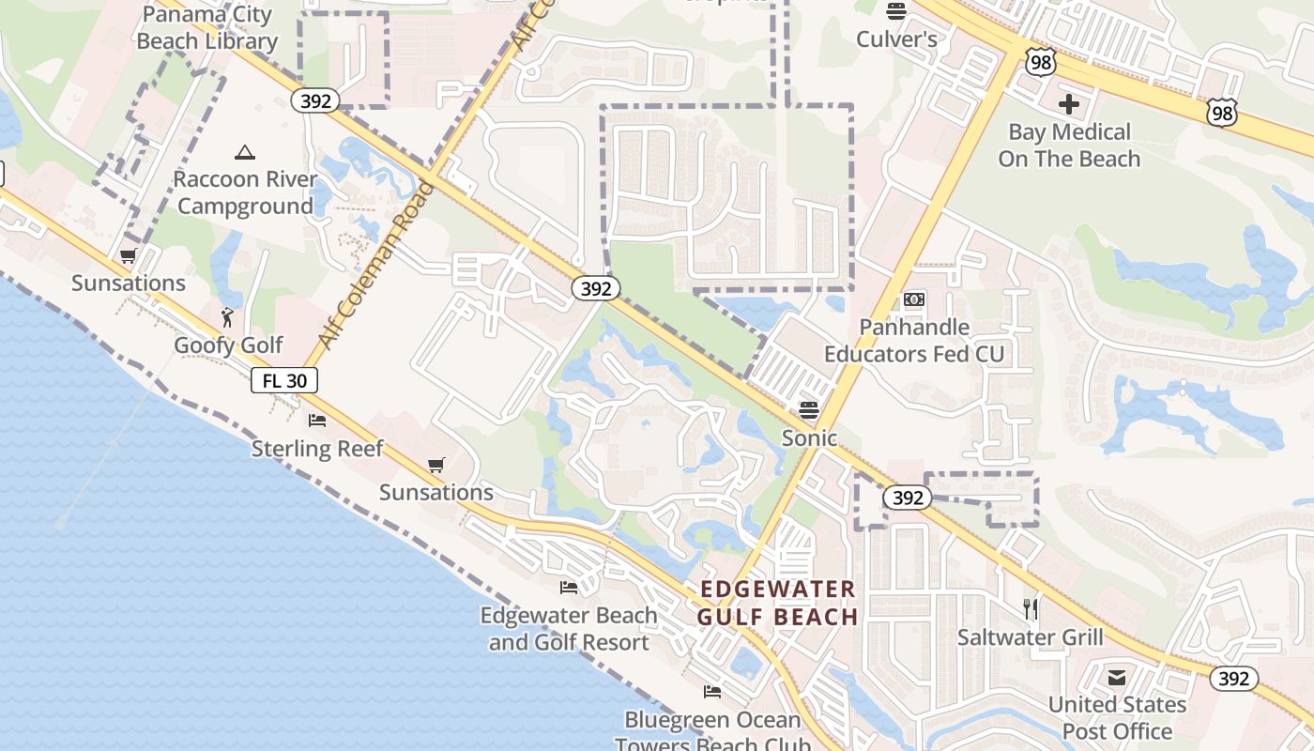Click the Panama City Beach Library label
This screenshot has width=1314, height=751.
point(206,28)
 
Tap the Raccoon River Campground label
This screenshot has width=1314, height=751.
point(244,192)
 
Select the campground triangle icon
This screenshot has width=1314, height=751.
point(245,152)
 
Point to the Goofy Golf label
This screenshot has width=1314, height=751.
point(228,345)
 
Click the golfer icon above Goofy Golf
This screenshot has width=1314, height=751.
point(227,317)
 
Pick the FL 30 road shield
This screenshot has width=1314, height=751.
point(284,380)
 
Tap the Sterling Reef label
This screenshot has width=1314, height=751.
point(317,449)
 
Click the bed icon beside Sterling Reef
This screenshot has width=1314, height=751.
point(317,421)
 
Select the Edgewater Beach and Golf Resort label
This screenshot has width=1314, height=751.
point(569,629)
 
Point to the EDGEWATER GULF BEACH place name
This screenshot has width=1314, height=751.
point(778,603)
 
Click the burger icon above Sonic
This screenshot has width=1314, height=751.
point(809,409)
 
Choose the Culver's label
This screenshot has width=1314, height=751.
point(896,39)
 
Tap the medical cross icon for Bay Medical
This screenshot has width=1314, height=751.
point(1068,103)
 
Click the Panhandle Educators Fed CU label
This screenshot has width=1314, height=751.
point(914,340)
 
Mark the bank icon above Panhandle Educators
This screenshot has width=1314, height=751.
point(914,299)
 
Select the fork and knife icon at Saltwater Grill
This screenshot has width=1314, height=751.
point(1031,609)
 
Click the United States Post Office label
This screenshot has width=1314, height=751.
point(1117,717)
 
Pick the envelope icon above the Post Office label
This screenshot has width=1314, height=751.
point(1117,678)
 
